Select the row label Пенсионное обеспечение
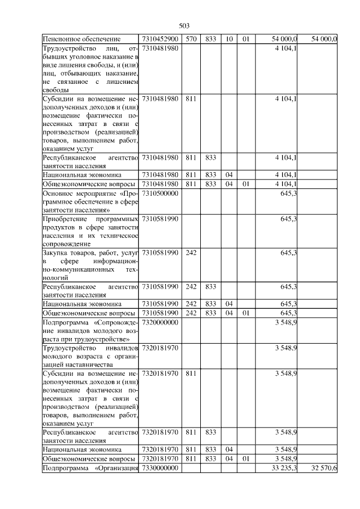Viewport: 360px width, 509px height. [82, 39]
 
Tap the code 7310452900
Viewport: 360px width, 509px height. [160, 39]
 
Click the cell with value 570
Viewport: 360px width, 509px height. [191, 39]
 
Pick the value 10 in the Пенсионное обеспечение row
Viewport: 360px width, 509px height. [229, 39]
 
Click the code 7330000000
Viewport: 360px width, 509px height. [160, 469]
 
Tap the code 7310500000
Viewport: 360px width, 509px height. [160, 193]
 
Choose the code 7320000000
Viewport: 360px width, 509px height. [160, 322]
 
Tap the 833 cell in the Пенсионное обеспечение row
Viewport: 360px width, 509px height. [211, 39]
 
